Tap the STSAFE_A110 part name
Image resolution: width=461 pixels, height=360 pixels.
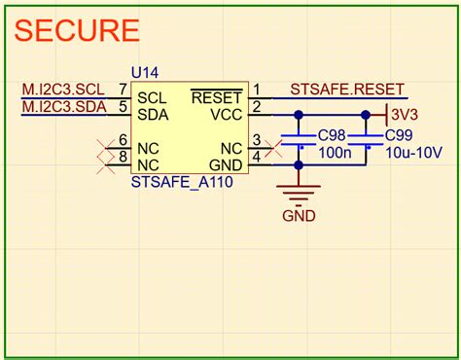pyautogui.click(x=181, y=183)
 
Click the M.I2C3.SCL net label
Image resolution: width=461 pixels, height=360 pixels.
pyautogui.click(x=63, y=90)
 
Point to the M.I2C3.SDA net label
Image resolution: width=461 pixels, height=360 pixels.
pyautogui.click(x=64, y=106)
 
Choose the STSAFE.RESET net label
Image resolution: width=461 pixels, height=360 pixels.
pyautogui.click(x=345, y=90)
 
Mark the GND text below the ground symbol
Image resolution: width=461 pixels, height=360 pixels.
pyautogui.click(x=299, y=216)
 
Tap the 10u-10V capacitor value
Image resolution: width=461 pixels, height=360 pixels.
pyautogui.click(x=414, y=154)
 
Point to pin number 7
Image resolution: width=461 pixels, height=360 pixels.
pyautogui.click(x=123, y=90)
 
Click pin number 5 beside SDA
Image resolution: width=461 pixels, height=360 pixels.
pyautogui.click(x=123, y=106)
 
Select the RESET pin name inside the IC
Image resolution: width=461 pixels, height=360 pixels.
pyautogui.click(x=215, y=98)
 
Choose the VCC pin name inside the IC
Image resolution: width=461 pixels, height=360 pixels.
pyautogui.click(x=222, y=115)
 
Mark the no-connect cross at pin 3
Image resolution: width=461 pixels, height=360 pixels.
pyautogui.click(x=275, y=148)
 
